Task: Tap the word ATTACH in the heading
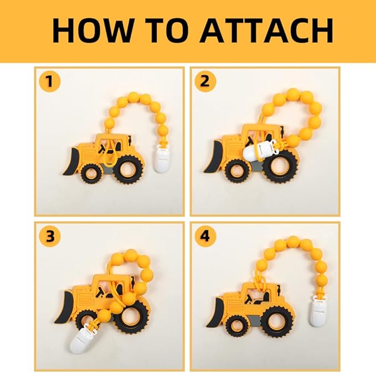coord(266,30)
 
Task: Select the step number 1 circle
coord(50,81)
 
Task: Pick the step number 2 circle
coord(205,81)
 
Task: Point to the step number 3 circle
coord(50,236)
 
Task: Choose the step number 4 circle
coord(205,236)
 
